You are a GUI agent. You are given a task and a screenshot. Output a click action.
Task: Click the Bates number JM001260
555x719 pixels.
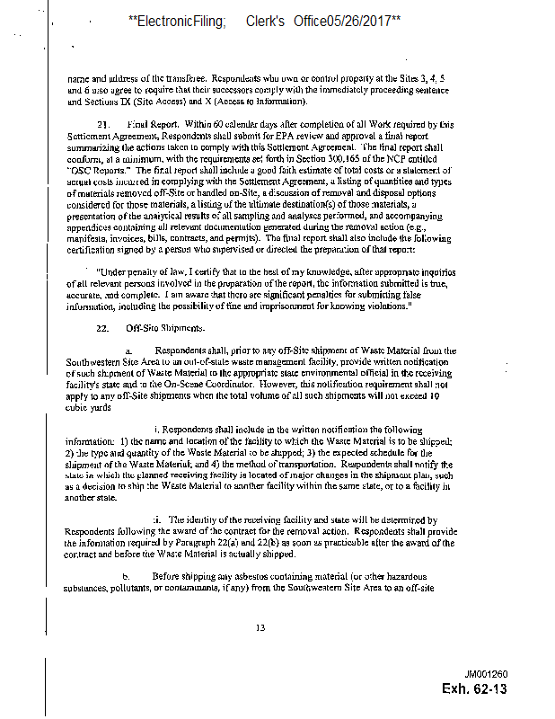coord(487,674)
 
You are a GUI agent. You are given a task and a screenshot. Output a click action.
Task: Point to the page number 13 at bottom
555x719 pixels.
coord(260,627)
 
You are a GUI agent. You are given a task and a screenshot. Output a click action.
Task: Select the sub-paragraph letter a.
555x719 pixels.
coord(128,350)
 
